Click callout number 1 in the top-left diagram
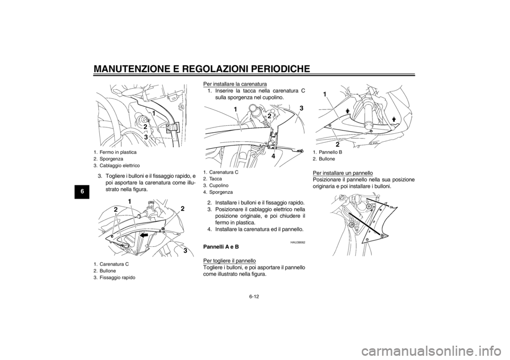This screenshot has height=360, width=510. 153,114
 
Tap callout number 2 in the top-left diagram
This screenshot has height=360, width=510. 144,126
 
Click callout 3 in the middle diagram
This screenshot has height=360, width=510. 301,108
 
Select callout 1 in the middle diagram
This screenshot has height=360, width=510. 234,109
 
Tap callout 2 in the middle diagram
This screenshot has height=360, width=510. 269,116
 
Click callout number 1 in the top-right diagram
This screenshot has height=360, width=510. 324,93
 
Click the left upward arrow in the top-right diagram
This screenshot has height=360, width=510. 346,111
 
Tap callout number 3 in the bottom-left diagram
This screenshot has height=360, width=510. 186,250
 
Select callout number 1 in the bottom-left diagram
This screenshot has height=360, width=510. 129,201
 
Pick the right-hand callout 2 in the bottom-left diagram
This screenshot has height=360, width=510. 182,209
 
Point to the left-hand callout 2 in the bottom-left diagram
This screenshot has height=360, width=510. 115,211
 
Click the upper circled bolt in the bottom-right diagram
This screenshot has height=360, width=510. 368,205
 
